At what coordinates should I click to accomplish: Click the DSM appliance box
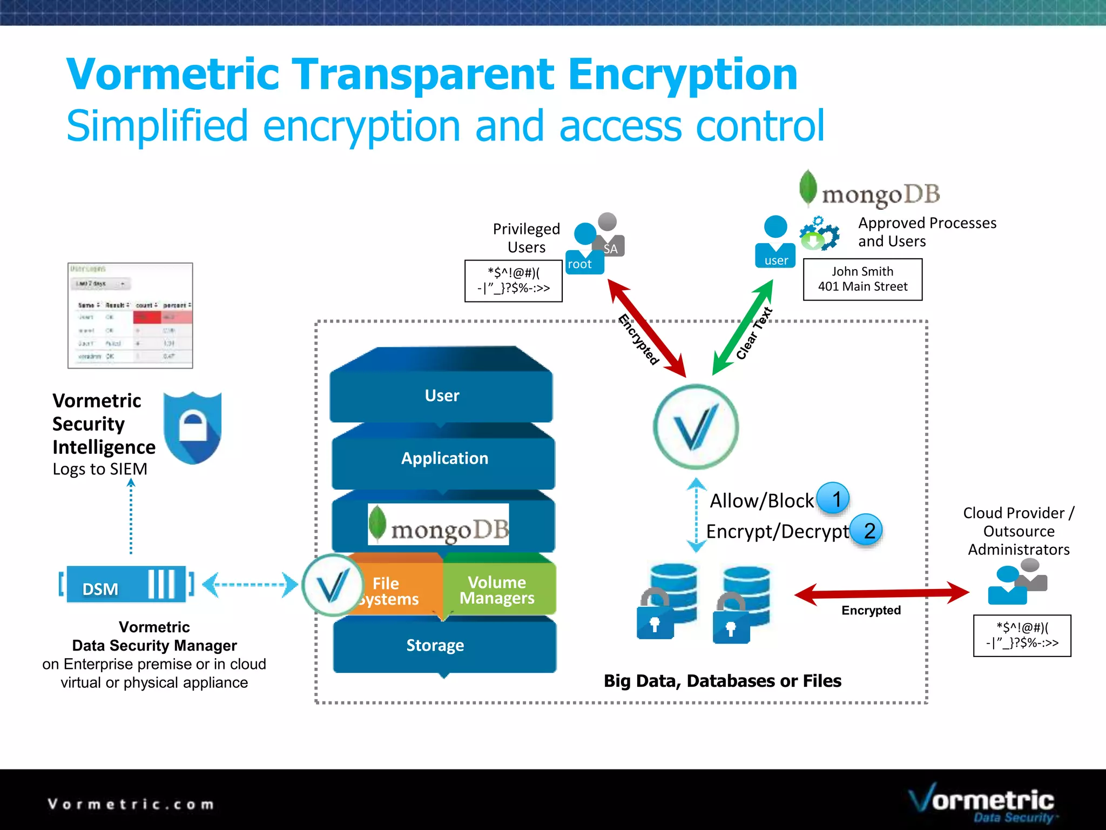point(126,585)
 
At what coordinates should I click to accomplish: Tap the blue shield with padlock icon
point(192,427)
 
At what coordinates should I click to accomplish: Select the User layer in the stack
point(442,395)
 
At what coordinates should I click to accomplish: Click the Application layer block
point(444,458)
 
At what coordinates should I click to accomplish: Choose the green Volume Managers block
point(497,589)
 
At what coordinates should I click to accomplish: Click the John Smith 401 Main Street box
point(862,279)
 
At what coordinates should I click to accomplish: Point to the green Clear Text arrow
point(743,327)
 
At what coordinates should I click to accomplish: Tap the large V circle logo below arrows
point(696,427)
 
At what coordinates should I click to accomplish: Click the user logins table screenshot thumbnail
point(130,316)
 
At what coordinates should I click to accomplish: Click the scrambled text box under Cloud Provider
point(1022,635)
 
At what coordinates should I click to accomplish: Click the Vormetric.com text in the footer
point(131,804)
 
